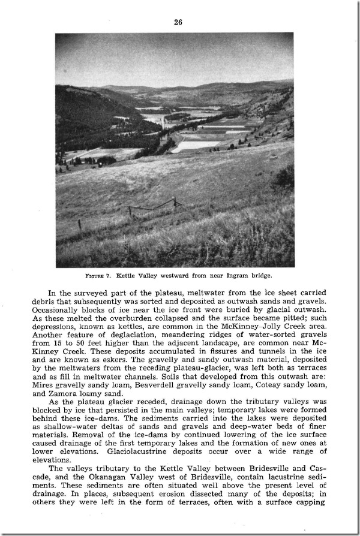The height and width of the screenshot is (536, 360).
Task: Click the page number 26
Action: (x=178, y=22)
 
